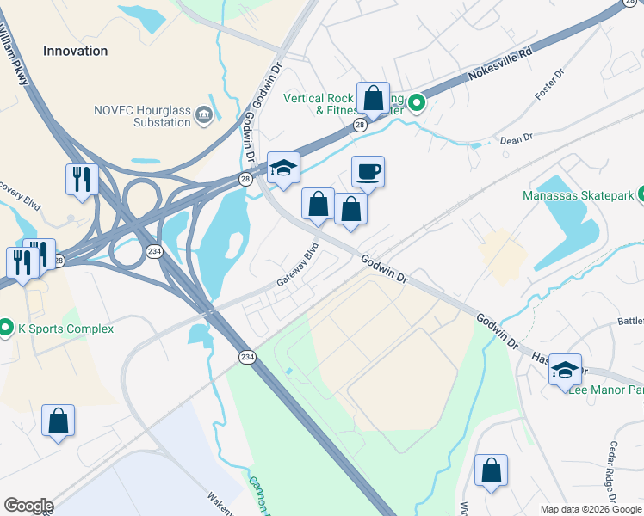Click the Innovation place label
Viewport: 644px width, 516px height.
pyautogui.click(x=76, y=51)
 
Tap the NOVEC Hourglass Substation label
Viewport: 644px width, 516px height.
pyautogui.click(x=142, y=115)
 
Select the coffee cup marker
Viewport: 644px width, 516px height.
pyautogui.click(x=368, y=171)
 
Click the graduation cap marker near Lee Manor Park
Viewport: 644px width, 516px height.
pyautogui.click(x=566, y=369)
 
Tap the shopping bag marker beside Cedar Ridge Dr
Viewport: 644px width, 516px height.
pyautogui.click(x=491, y=470)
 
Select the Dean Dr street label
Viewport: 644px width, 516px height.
pyautogui.click(x=517, y=138)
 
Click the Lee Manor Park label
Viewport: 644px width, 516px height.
pyautogui.click(x=606, y=390)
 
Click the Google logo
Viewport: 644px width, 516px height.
pyautogui.click(x=28, y=506)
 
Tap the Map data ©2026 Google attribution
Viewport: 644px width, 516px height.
pyautogui.click(x=591, y=509)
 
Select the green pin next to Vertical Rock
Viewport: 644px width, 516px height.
pyautogui.click(x=418, y=104)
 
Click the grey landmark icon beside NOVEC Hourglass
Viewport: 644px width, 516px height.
pyautogui.click(x=204, y=113)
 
